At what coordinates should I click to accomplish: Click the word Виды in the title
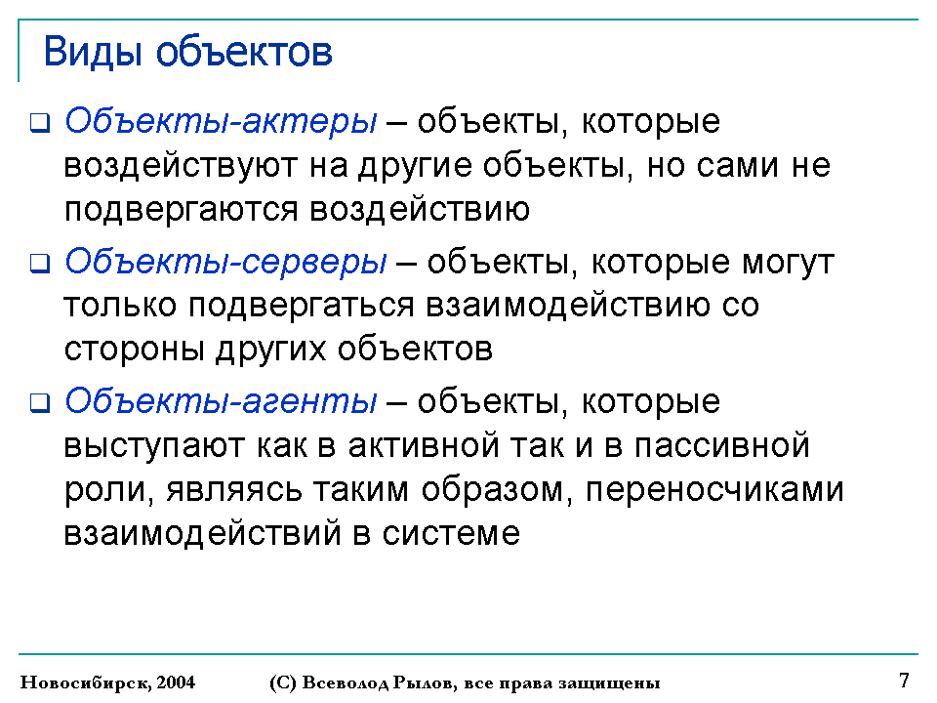coord(93,53)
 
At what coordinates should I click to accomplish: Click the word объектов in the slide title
coord(244,52)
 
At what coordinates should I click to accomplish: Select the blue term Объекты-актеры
coord(221,122)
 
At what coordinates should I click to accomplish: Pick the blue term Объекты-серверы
coord(225,263)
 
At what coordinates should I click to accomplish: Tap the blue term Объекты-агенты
coord(221,401)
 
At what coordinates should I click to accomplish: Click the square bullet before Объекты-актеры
coord(40,123)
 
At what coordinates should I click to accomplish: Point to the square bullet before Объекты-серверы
coord(40,263)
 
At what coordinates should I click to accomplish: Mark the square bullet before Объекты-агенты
coord(40,403)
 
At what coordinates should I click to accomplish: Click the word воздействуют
coord(181,166)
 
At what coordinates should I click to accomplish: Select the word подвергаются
coord(182,211)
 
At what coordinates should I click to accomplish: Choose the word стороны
coord(135,350)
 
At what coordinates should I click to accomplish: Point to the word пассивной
coord(722,445)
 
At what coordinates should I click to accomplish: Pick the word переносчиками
coord(714,489)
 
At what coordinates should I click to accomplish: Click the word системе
coord(451,533)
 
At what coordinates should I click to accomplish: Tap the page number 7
coord(904,681)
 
